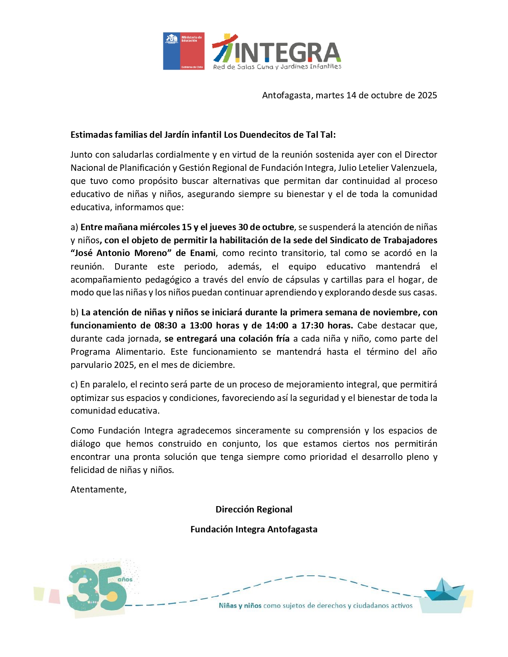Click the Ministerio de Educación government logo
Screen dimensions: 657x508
tap(184, 51)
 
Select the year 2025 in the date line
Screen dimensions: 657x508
tap(427, 96)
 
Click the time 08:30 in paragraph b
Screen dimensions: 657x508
tap(166, 325)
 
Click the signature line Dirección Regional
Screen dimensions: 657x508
tap(254, 510)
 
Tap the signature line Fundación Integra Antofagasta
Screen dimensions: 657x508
tap(254, 530)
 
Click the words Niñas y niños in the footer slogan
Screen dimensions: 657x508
tap(240, 606)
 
